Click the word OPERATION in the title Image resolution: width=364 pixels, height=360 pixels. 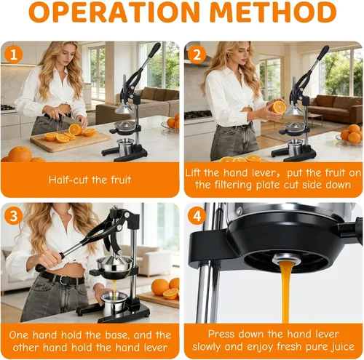(x=114, y=12)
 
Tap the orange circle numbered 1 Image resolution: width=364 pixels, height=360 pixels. (x=14, y=54)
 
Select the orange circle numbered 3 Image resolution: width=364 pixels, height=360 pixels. (x=14, y=216)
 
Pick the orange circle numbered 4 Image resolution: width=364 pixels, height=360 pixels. (x=197, y=216)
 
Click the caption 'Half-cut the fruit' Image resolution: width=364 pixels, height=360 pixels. (x=90, y=180)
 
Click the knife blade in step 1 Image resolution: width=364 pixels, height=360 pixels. (x=71, y=121)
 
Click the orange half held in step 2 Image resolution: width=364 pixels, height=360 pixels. (x=277, y=107)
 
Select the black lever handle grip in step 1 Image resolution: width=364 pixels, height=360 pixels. (x=154, y=50)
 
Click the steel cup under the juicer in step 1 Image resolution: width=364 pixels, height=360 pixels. (x=125, y=147)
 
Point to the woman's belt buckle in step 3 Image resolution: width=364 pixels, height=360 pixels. (x=64, y=280)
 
